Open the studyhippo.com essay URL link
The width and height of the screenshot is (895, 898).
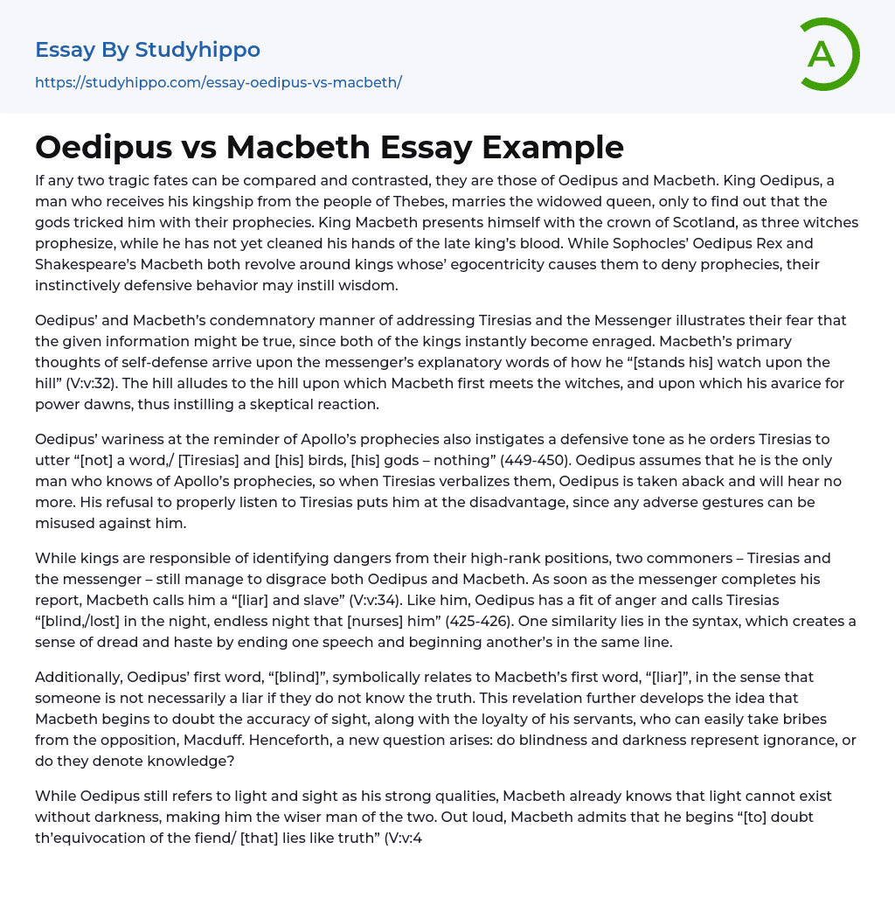click(218, 82)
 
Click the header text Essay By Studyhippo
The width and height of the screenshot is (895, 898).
click(148, 50)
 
